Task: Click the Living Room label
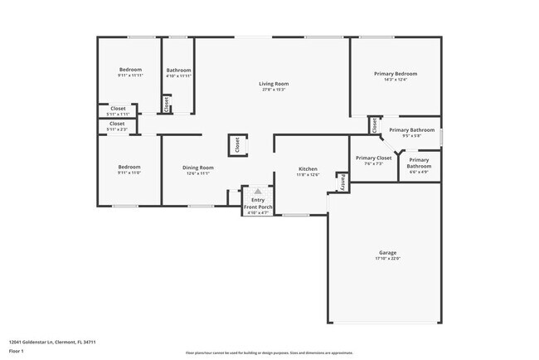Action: [x=273, y=84]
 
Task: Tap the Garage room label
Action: [x=386, y=253]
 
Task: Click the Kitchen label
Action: [x=308, y=168]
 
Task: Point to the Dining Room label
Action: [x=197, y=168]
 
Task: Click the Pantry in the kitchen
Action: [x=341, y=180]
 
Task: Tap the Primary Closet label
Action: [x=373, y=158]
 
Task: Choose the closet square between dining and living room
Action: [x=236, y=145]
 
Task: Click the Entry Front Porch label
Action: [x=258, y=203]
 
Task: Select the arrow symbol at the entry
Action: [x=258, y=191]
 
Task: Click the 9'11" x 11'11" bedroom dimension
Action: [x=130, y=75]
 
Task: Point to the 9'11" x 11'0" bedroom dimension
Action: [x=129, y=173]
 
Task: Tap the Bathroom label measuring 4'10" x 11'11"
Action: [x=179, y=70]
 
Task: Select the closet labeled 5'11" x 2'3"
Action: [x=118, y=124]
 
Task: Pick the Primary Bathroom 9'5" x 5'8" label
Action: [x=412, y=130]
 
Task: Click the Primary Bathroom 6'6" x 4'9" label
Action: [x=419, y=163]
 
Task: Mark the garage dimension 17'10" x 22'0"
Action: [x=386, y=259]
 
